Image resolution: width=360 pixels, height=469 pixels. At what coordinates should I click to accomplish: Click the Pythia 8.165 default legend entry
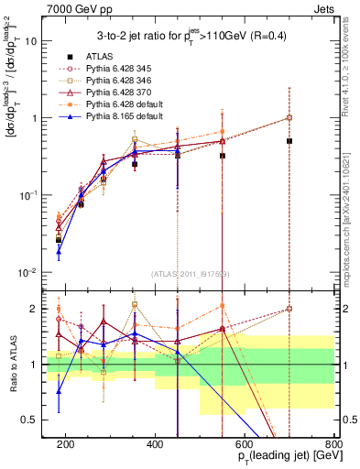point(116,115)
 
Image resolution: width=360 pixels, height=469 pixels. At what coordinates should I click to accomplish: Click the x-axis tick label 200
point(65,444)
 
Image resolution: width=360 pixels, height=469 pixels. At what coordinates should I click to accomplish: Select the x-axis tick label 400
point(155,444)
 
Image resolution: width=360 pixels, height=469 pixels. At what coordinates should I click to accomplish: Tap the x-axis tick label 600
point(245,444)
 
